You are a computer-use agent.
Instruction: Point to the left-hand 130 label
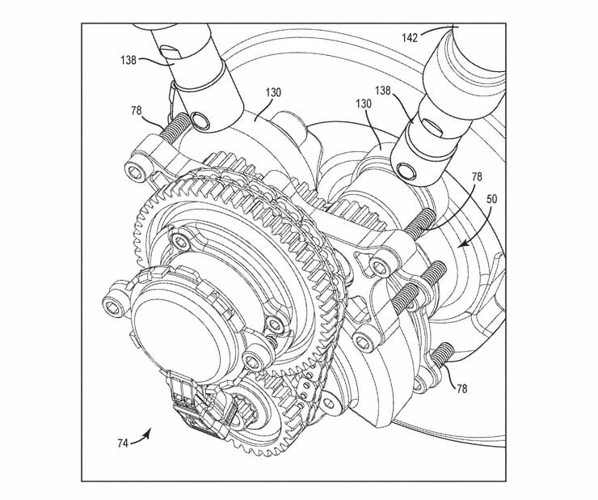[272, 93]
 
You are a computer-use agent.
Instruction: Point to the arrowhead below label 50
[461, 244]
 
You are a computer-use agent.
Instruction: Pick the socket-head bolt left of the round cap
[114, 305]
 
